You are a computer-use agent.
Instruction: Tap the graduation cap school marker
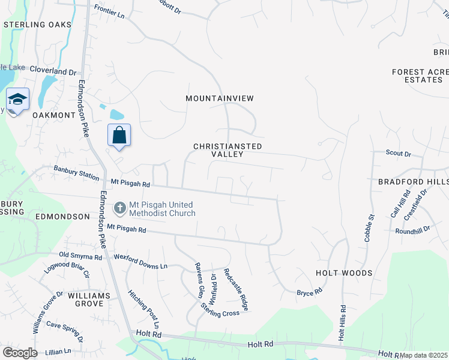pyautogui.click(x=17, y=99)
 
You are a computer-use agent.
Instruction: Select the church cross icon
pyautogui.click(x=119, y=208)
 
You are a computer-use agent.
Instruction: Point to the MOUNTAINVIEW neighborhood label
pyautogui.click(x=220, y=98)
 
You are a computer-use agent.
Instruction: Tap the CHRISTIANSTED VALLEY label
pyautogui.click(x=228, y=150)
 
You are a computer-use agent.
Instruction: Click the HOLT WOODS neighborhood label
pyautogui.click(x=344, y=273)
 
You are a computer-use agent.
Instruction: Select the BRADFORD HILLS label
pyautogui.click(x=413, y=181)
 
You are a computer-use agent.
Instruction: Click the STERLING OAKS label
pyautogui.click(x=37, y=25)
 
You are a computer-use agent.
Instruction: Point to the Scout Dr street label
pyautogui.click(x=399, y=154)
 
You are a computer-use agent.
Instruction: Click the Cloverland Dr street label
pyautogui.click(x=53, y=70)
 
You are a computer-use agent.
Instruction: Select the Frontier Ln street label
pyautogui.click(x=109, y=11)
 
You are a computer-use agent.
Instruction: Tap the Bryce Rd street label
pyautogui.click(x=310, y=292)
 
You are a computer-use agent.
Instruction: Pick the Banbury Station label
pyautogui.click(x=76, y=173)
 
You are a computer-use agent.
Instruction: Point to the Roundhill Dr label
pyautogui.click(x=413, y=230)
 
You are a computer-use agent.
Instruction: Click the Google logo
pyautogui.click(x=20, y=353)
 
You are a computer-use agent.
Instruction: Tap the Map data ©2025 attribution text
pyautogui.click(x=424, y=355)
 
